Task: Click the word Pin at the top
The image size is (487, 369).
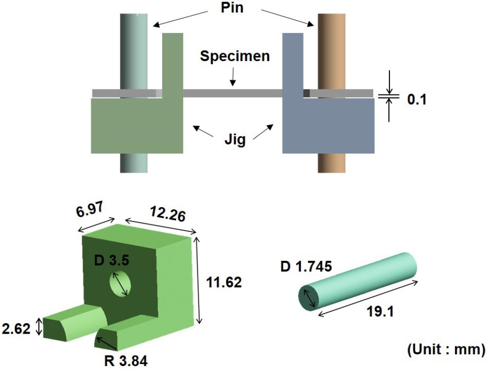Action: coord(232,8)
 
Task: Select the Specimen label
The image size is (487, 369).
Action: coord(235,57)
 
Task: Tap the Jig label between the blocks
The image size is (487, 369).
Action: coord(235,140)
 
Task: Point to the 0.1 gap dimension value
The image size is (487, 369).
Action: coord(417,99)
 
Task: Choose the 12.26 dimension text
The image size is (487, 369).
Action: coord(168,214)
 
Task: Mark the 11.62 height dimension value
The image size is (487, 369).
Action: coord(224,282)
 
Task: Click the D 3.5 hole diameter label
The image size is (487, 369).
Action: coord(111,260)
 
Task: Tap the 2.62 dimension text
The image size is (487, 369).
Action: coord(16,329)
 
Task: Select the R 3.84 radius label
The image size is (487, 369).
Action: coord(126,361)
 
